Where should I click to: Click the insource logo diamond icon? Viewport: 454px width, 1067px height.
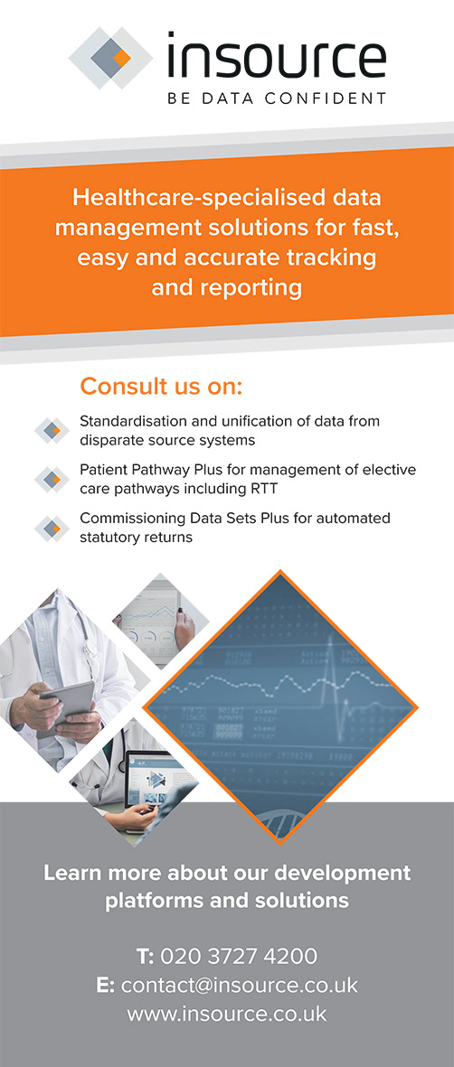pos(111,58)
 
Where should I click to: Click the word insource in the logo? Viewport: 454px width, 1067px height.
pos(277,57)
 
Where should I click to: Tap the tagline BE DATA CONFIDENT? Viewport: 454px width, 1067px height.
pos(277,98)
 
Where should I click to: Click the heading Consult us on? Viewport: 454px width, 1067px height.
pos(162,387)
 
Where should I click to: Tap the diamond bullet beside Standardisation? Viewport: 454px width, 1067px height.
pos(52,431)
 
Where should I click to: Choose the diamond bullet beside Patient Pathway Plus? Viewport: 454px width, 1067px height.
pos(52,479)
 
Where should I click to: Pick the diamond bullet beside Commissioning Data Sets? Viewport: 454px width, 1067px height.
pos(52,528)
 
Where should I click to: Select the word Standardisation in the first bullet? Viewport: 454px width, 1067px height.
pos(128,421)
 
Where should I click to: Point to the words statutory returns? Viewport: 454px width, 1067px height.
pos(137,538)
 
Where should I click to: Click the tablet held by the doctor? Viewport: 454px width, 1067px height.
pos(66,705)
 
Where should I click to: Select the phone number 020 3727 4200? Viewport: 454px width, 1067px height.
pos(239,956)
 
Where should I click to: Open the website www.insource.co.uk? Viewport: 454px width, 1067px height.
pos(227,1014)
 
